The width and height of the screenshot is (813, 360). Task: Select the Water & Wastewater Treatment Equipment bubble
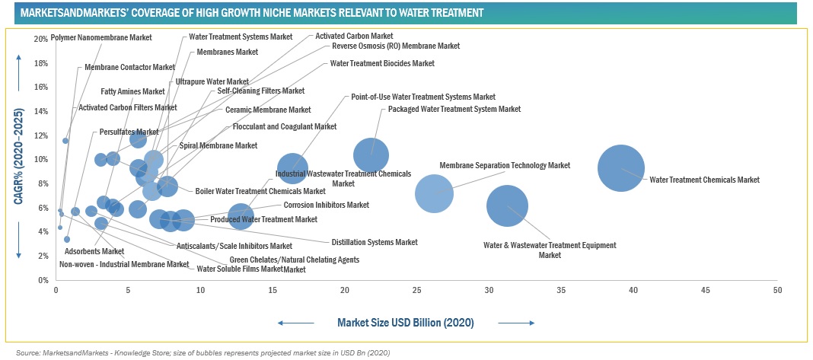coord(508,205)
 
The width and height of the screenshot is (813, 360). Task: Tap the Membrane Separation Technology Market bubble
coord(434,193)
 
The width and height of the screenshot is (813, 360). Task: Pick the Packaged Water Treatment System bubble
coord(371,155)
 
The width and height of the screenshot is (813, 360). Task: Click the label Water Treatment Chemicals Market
coord(704,180)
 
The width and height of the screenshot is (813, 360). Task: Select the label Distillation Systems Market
coord(374,242)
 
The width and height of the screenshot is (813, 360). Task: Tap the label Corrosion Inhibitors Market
coord(326,205)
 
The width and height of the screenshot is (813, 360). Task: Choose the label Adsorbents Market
coord(94,250)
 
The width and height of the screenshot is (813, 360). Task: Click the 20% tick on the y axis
coord(41,39)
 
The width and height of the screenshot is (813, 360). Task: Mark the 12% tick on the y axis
coord(41,135)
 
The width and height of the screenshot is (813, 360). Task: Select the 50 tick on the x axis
coord(777,291)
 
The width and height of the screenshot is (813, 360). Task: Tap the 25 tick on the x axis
coord(416,291)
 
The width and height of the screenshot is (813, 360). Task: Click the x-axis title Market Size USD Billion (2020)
coord(406,323)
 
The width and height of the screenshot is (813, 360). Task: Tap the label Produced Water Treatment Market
coord(263,219)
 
